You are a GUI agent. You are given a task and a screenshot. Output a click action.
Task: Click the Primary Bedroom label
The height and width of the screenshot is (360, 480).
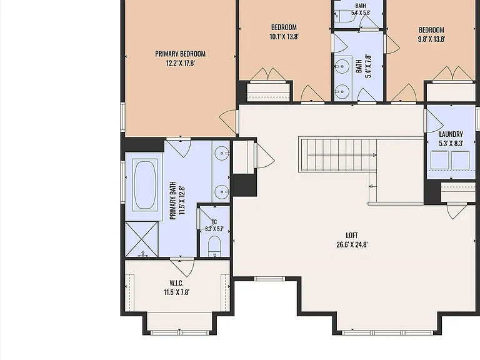180,54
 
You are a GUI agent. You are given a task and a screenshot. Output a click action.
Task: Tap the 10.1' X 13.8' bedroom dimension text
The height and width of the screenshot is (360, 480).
284,37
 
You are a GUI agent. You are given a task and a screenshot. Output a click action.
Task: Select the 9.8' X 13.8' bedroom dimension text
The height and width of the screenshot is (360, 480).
431,39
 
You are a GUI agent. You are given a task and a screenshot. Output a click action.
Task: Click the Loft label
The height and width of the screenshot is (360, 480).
352,235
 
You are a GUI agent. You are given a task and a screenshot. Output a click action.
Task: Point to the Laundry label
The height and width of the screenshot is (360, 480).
451,134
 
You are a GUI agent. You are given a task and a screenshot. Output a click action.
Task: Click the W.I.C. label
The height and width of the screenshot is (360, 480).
176,283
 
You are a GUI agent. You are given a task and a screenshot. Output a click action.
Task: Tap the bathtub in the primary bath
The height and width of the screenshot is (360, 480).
145,185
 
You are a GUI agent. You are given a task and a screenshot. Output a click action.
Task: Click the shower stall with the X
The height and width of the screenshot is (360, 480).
142,239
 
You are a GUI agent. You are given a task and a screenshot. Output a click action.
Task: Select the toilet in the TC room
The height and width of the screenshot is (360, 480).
214,246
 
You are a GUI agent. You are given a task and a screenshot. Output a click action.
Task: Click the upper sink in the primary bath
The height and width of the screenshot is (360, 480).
221,153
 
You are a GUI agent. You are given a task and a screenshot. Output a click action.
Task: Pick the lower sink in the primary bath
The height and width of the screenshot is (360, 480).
221,192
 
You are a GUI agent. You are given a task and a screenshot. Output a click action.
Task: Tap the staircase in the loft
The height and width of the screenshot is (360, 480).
338,154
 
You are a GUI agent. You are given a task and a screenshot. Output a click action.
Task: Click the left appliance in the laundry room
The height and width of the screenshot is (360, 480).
440,160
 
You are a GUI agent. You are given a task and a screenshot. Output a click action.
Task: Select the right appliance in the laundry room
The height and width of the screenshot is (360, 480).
460,160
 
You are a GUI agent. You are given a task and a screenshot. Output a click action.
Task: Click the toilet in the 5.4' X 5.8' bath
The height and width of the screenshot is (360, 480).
345,16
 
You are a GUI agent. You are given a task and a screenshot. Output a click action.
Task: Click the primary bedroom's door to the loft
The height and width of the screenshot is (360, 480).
229,121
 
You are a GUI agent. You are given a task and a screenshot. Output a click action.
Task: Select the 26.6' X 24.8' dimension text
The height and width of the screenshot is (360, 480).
352,244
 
